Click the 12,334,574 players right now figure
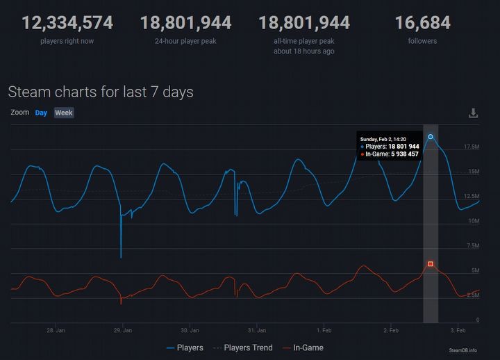(x=67, y=23)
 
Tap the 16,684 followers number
(x=422, y=23)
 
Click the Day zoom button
(x=41, y=113)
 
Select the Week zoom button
(x=64, y=113)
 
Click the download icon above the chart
(x=473, y=113)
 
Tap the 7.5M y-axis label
(x=472, y=245)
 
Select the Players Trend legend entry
(x=244, y=347)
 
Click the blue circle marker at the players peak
(x=431, y=137)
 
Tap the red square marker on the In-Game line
(x=431, y=264)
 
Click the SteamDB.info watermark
(x=463, y=351)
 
